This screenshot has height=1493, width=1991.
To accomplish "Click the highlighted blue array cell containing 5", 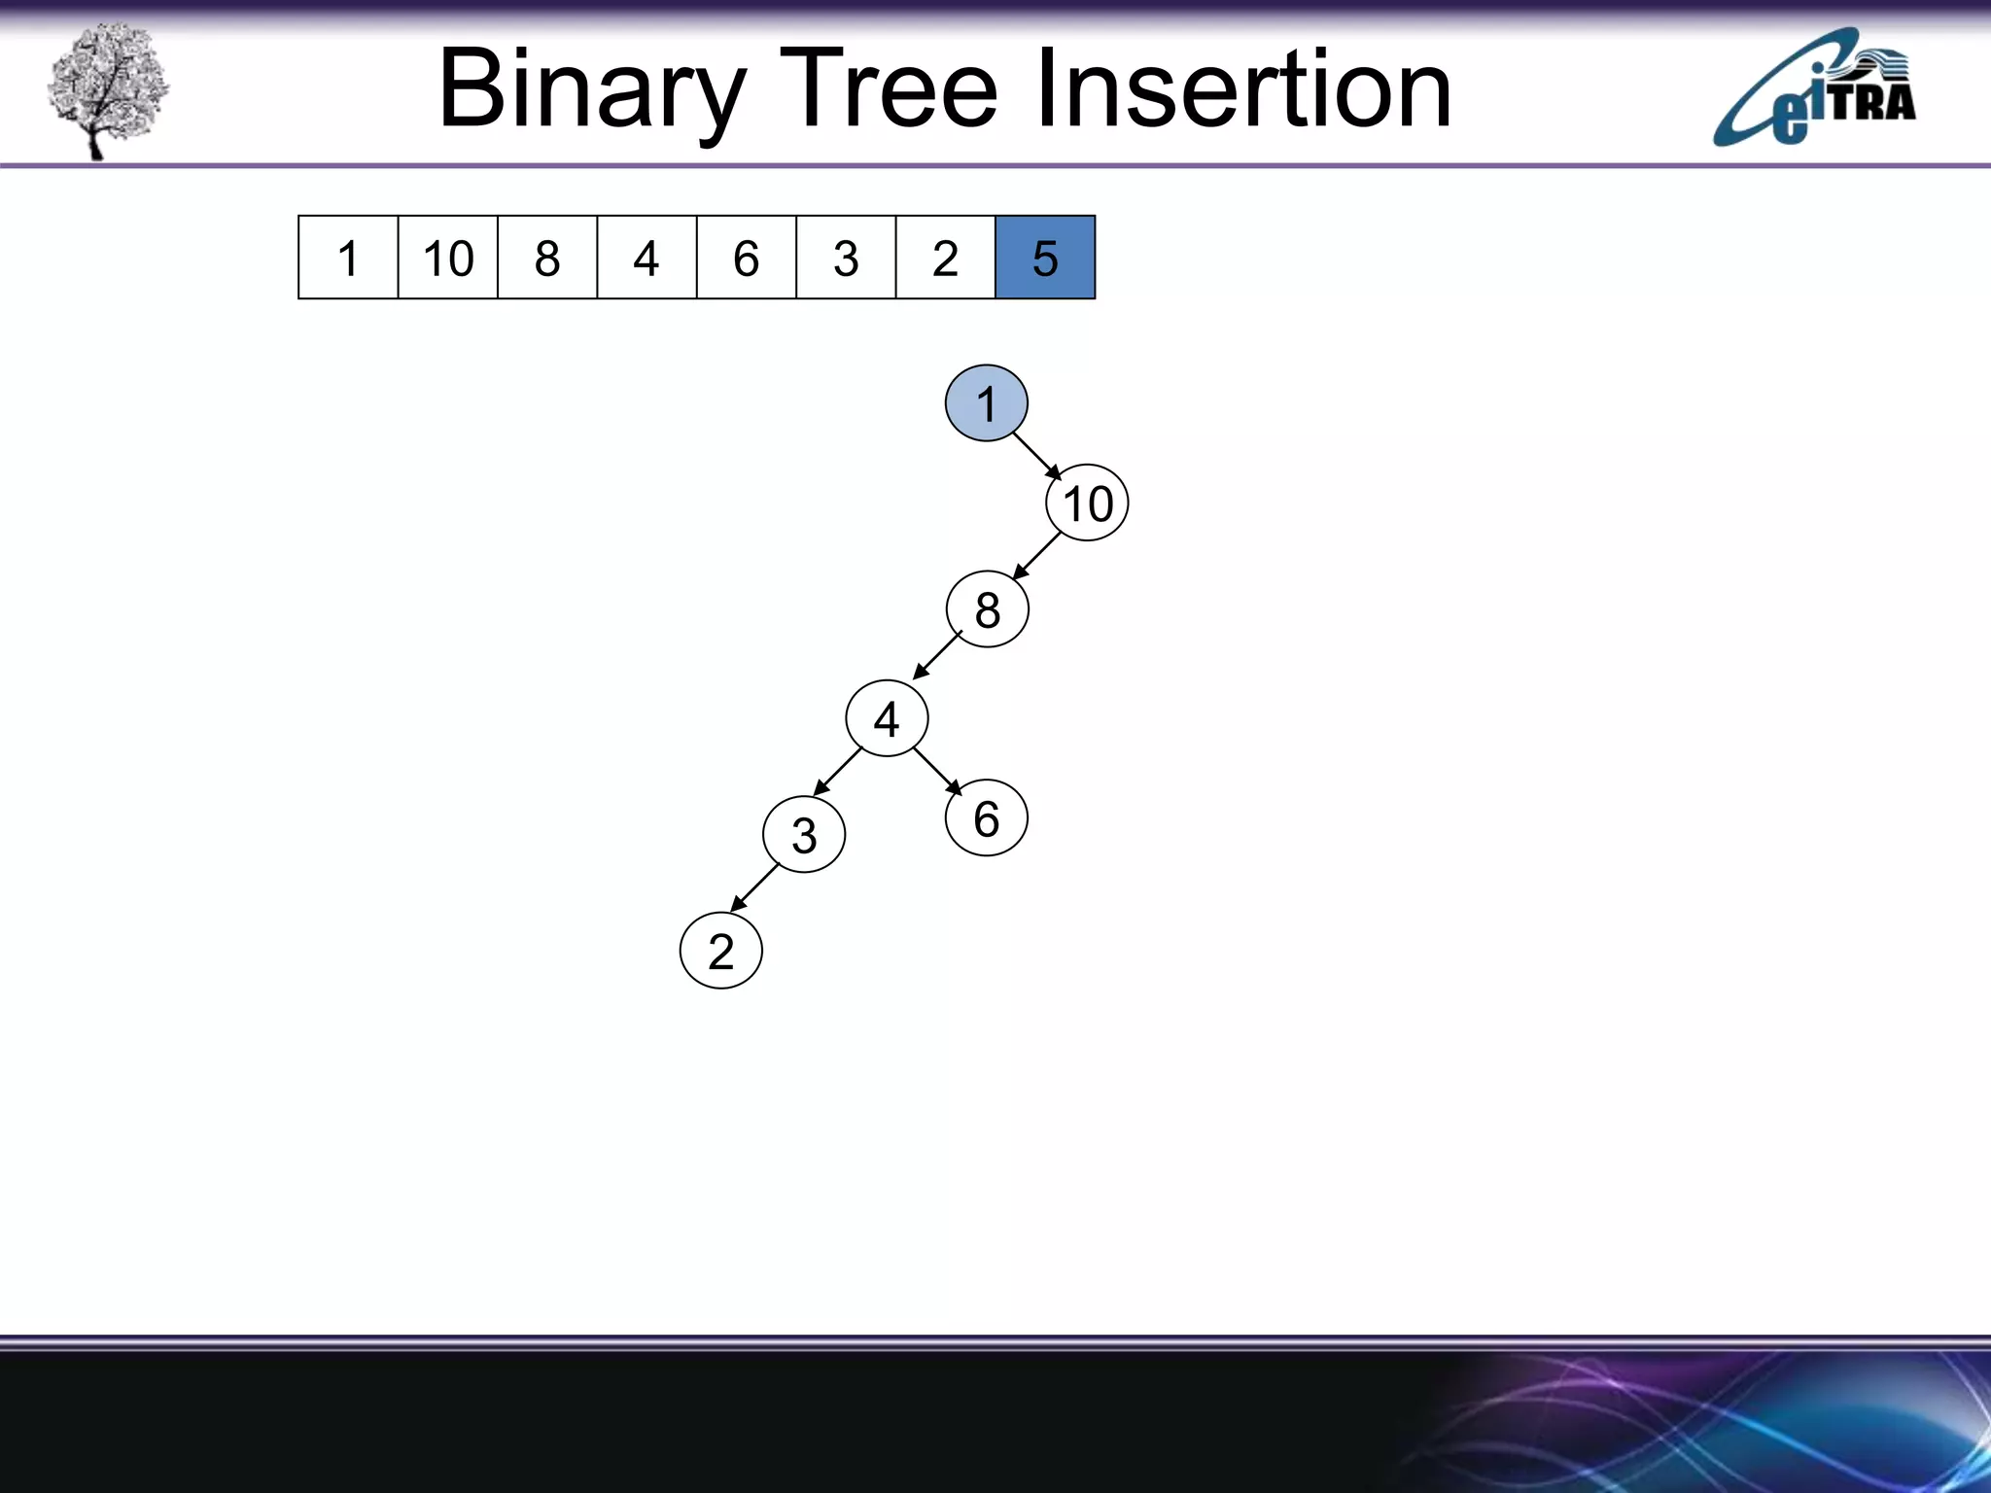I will [1045, 258].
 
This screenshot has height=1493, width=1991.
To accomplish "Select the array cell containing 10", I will [448, 258].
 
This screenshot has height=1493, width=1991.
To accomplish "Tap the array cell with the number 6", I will [746, 258].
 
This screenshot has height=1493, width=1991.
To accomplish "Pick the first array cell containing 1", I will [348, 258].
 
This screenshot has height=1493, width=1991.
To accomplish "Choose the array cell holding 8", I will [547, 258].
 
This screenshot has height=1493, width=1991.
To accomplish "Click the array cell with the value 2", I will [945, 258].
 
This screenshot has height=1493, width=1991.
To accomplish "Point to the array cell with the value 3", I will [846, 258].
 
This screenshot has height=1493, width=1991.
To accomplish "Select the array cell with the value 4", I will [646, 258].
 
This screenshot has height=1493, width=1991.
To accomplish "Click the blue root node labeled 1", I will [986, 403].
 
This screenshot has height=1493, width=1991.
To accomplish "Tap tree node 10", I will [1087, 503].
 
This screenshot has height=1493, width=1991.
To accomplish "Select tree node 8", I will [987, 609].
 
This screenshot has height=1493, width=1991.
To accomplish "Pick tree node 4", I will [887, 719].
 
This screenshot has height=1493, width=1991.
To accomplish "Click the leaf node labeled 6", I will [986, 818].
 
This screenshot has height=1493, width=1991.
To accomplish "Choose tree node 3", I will [804, 835].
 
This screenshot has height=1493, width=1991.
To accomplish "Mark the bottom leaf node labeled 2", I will [720, 951].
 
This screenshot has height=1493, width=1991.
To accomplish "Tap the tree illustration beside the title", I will [107, 89].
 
